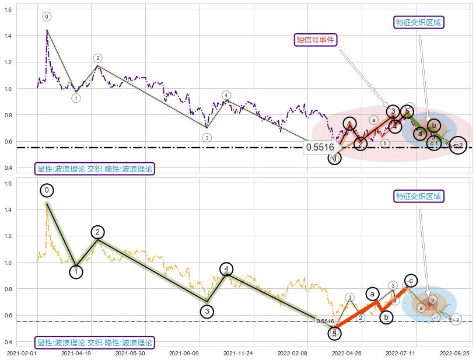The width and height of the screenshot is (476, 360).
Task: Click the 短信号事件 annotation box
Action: pos(316,40)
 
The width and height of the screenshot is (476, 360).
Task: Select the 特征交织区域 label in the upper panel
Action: pos(419,22)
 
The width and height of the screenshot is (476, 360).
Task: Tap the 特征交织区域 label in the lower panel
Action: pos(419,196)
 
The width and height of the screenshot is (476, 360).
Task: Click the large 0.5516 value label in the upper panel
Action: pos(320,148)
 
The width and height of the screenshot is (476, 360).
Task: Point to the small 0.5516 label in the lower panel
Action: pos(324,321)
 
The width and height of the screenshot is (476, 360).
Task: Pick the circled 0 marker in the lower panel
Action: pos(47,190)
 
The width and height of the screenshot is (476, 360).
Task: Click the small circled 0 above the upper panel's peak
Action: pos(47,17)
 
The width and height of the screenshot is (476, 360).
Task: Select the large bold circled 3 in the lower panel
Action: pos(206,312)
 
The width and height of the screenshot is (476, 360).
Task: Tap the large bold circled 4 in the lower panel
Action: pos(226,269)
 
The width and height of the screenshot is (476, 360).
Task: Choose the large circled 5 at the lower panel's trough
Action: pos(334,333)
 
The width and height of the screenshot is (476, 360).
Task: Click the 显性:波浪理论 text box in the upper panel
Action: pos(93,169)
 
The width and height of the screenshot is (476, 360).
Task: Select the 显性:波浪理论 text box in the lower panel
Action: pos(93,342)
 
